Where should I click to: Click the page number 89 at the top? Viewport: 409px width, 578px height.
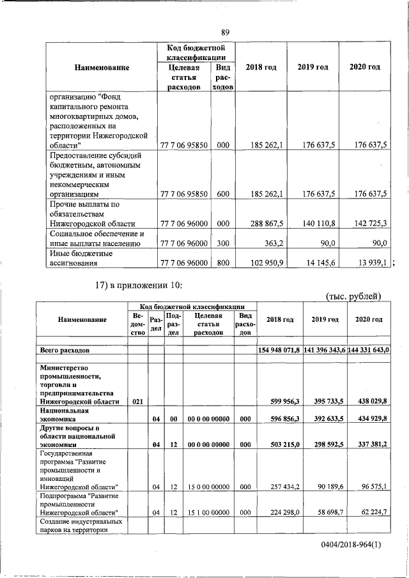(x=225, y=33)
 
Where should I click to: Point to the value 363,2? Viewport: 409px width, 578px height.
(x=274, y=243)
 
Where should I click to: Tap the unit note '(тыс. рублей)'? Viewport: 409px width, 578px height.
(x=353, y=295)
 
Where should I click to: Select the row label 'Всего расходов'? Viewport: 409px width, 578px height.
(x=65, y=351)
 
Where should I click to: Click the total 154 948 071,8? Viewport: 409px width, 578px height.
(x=279, y=351)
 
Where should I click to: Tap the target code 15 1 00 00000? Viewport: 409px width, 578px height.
(x=208, y=512)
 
